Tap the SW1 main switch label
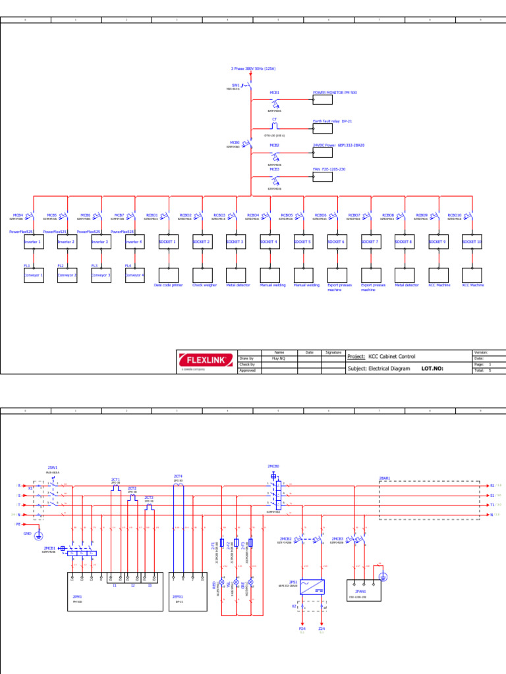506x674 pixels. coord(236,85)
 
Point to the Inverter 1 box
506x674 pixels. coord(34,242)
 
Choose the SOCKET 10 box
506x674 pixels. coord(472,242)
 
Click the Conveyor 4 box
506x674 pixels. coord(135,274)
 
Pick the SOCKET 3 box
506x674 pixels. coord(236,242)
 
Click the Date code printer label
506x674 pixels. coord(169,286)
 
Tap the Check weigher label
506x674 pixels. coord(204,286)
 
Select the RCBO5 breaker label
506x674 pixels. coord(287,215)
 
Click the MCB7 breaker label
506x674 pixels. coord(119,215)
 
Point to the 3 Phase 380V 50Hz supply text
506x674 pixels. coord(253,68)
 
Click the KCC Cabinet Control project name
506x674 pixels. coord(392,357)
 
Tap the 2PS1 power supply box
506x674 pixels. coord(312,587)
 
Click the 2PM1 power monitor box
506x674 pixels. coord(115,592)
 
